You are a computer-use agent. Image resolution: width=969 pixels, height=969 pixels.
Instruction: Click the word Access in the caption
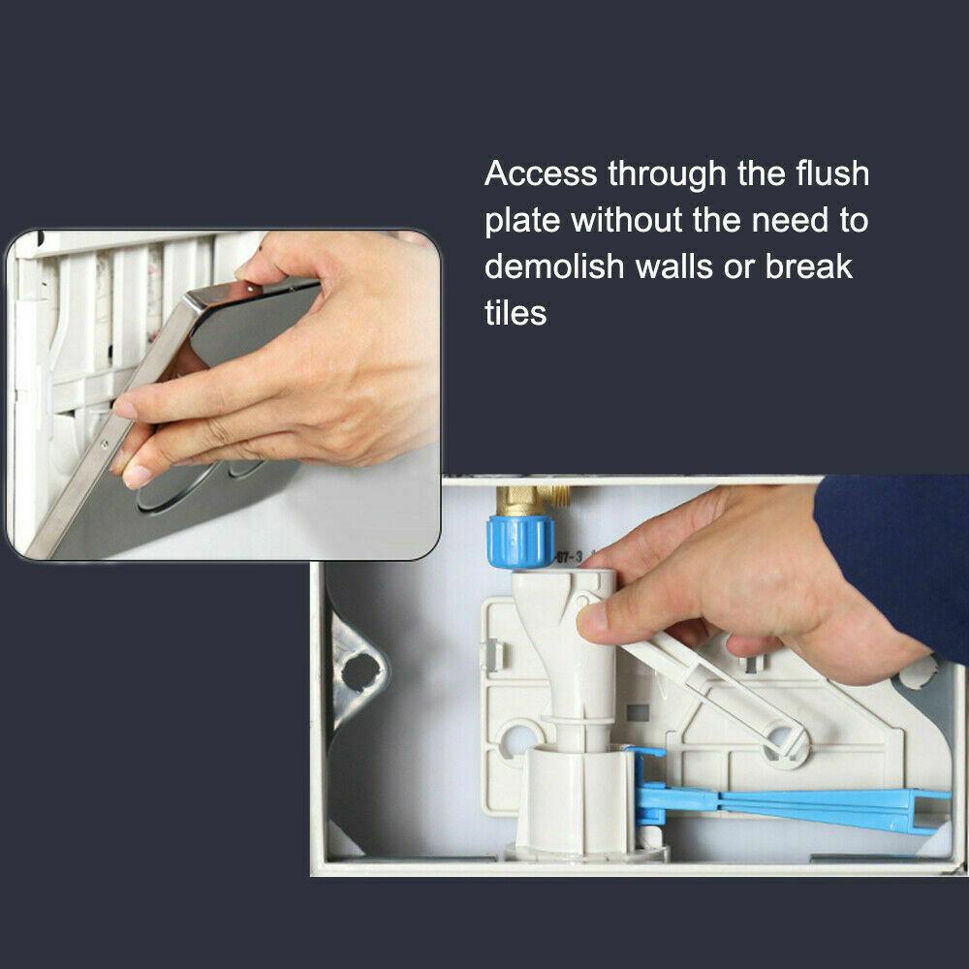point(541,173)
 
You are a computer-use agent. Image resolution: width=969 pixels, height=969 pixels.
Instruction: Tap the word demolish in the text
point(554,267)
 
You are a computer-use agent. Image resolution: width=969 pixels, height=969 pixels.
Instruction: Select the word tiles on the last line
point(516,313)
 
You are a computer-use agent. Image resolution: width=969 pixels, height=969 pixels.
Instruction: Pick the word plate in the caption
point(522,221)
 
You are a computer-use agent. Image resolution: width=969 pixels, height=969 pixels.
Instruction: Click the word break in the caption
point(808,267)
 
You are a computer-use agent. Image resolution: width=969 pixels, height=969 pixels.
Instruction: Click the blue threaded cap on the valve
point(520,542)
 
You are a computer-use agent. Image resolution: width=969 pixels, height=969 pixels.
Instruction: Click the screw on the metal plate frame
point(105,444)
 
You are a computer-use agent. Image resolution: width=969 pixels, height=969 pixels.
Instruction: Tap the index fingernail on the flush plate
point(124,408)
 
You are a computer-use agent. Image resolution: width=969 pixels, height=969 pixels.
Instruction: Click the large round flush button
point(176,489)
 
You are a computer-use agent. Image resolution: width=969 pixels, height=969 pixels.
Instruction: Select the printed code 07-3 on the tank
point(569,557)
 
